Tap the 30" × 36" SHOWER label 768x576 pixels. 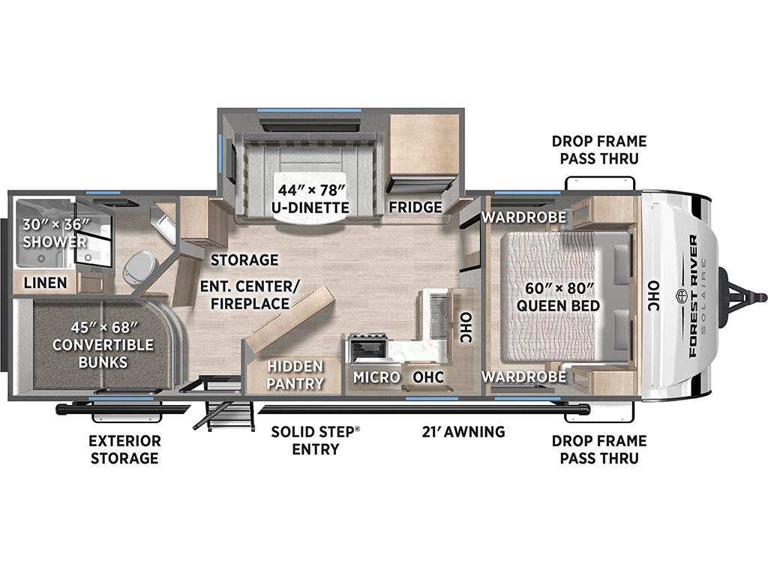click(x=55, y=233)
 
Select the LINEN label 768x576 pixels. click(x=46, y=283)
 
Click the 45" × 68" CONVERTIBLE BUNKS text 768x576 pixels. click(x=103, y=344)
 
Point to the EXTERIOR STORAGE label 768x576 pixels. click(x=124, y=450)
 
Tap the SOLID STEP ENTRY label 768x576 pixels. click(x=316, y=440)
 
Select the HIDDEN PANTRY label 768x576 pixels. click(x=295, y=375)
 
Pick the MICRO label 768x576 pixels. click(x=376, y=377)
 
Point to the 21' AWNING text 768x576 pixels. click(x=463, y=431)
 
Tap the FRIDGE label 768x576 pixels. click(x=415, y=207)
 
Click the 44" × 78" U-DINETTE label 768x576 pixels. click(x=311, y=198)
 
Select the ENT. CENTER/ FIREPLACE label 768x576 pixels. click(x=250, y=294)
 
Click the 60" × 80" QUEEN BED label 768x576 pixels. click(x=558, y=297)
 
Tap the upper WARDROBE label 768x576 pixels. click(x=524, y=217)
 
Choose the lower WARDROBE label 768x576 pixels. click(x=524, y=376)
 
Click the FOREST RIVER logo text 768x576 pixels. click(x=693, y=295)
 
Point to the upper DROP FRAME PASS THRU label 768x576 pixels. click(x=599, y=150)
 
